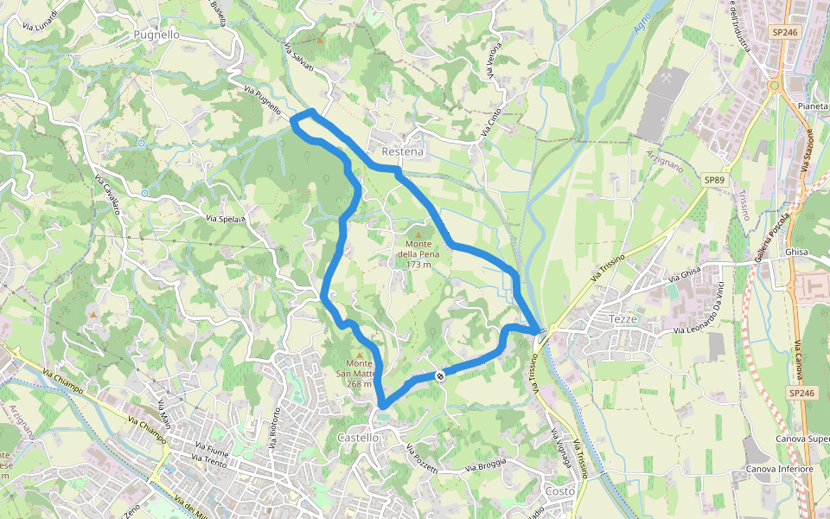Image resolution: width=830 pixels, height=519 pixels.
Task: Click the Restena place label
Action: coord(402,151)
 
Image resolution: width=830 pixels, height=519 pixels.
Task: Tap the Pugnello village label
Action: coord(156,35)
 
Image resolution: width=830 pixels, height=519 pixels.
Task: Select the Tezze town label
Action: coord(622,319)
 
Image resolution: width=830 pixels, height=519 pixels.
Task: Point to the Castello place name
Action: coord(358,438)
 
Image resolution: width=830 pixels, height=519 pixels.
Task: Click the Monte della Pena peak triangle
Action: coord(419,234)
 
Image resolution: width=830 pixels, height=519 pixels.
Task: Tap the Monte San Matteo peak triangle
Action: coord(360,355)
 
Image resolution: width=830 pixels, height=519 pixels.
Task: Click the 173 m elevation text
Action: coord(418,265)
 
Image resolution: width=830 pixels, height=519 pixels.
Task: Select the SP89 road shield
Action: coord(713,180)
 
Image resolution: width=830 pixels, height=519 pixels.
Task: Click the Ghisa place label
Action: coord(796,252)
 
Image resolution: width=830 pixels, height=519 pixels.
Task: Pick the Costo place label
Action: coord(559,490)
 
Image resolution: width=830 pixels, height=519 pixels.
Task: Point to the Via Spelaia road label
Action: coord(227,218)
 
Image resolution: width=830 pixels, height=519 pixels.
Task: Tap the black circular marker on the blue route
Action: coord(440,375)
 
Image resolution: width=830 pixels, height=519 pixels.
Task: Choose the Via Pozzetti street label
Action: coord(424,459)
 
